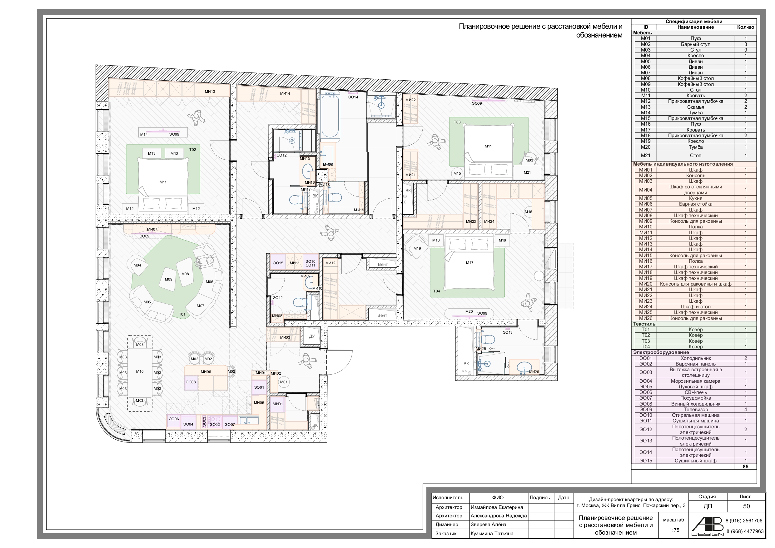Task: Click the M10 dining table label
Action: [140, 371]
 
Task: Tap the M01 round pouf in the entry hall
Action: [284, 382]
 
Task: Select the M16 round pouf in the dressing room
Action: [528, 212]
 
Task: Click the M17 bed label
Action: [469, 263]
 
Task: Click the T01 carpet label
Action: [182, 314]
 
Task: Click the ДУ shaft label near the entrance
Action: [312, 336]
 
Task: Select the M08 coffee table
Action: [185, 272]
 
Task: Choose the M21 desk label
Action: [527, 172]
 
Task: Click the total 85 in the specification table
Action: [746, 467]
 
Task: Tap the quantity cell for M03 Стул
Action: [746, 50]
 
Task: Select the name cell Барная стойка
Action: [696, 204]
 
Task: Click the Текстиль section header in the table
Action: [644, 324]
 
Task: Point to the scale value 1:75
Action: [674, 530]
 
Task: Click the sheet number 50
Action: [746, 506]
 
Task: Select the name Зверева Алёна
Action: [489, 524]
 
